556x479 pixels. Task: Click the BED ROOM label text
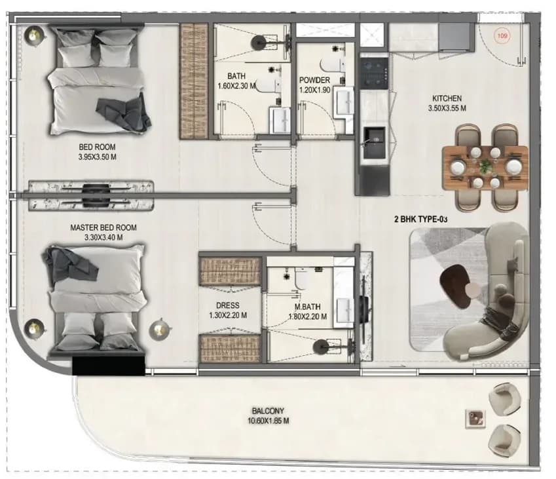tap(97, 147)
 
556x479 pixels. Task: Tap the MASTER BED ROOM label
tap(103, 228)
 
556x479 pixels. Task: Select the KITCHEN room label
tap(447, 98)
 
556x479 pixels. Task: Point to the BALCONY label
tap(268, 412)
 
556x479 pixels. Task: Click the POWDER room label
tap(314, 80)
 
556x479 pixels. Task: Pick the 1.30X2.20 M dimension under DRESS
tap(228, 315)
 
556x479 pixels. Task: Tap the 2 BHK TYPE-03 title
tap(421, 220)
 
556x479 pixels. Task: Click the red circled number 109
tap(502, 36)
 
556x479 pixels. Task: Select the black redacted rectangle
tap(109, 366)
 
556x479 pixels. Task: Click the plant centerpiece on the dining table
tap(485, 166)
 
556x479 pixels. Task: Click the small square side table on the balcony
tap(475, 417)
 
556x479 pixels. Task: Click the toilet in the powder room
tap(333, 66)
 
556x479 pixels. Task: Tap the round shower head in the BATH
tap(259, 43)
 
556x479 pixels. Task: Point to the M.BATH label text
tap(307, 307)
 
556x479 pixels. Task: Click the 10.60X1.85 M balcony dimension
tap(268, 421)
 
